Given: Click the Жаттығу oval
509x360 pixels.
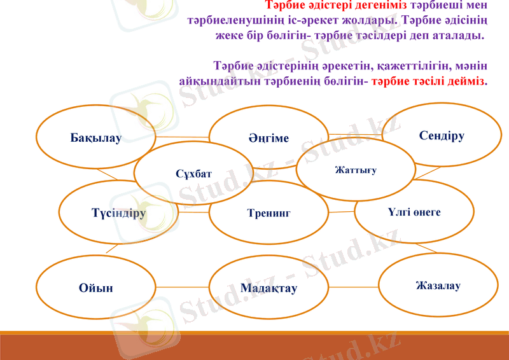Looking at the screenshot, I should tap(356, 170).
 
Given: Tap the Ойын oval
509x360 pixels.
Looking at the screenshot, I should tap(96, 288).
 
